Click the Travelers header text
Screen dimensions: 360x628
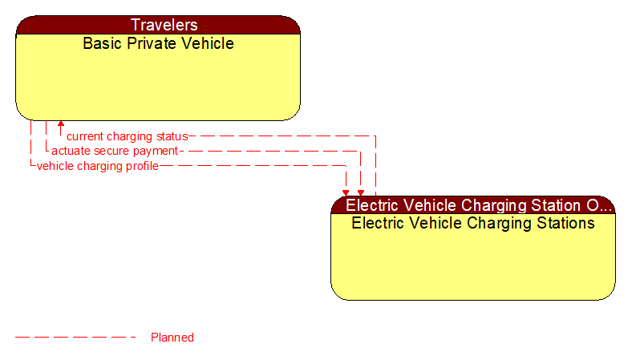pyautogui.click(x=158, y=25)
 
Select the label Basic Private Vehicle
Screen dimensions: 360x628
pyautogui.click(x=158, y=43)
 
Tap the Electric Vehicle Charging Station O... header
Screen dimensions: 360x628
pyautogui.click(x=473, y=204)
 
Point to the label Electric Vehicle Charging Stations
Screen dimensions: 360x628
pyautogui.click(x=473, y=223)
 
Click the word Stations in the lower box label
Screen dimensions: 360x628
pyautogui.click(x=565, y=223)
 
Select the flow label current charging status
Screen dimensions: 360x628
pyautogui.click(x=127, y=136)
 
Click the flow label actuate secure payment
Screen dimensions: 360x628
pyautogui.click(x=115, y=151)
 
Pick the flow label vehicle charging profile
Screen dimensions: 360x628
pyautogui.click(x=97, y=166)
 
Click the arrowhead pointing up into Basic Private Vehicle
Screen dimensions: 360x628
pyautogui.click(x=61, y=125)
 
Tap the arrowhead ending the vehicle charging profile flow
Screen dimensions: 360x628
pyautogui.click(x=346, y=192)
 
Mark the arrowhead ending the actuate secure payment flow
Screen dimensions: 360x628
pyautogui.click(x=361, y=192)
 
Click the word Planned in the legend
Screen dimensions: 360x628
pyautogui.click(x=172, y=338)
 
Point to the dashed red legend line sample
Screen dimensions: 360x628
pyautogui.click(x=76, y=338)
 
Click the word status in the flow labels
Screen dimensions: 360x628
pyautogui.click(x=172, y=136)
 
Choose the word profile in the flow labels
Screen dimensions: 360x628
pyautogui.click(x=141, y=166)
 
